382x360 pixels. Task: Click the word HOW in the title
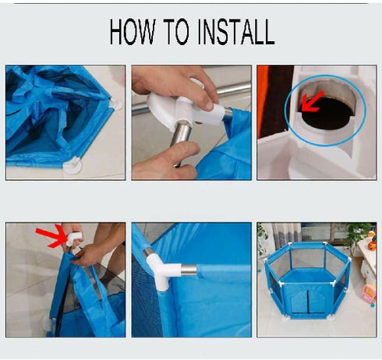133,31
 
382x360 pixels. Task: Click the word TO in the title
176,31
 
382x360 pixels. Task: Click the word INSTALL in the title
236,31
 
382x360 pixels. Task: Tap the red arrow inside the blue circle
312,101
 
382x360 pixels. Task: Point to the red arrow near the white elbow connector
51,236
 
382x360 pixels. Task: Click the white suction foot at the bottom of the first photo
73,165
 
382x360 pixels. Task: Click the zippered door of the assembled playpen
308,301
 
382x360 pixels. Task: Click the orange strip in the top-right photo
263,101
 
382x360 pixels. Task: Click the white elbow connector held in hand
73,238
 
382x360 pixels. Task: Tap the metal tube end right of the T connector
189,270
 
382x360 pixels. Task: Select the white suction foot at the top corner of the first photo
116,104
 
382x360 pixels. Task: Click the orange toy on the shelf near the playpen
372,245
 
